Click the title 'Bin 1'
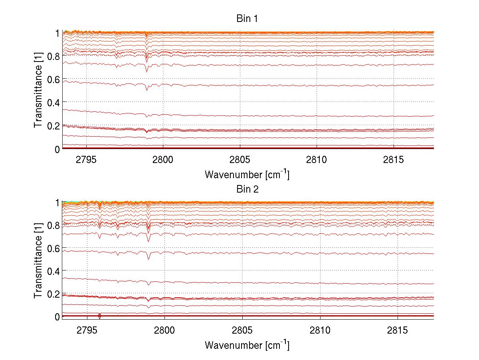pyautogui.click(x=247, y=19)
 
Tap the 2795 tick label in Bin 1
pyautogui.click(x=85, y=159)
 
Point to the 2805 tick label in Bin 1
pyautogui.click(x=239, y=159)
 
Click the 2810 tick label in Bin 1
pyautogui.click(x=317, y=159)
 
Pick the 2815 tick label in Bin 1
pyautogui.click(x=394, y=159)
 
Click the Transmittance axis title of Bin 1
pyautogui.click(x=38, y=90)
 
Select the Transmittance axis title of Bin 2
pyautogui.click(x=38, y=260)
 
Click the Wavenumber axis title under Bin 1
pyautogui.click(x=247, y=174)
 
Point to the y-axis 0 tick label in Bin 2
pyautogui.click(x=57, y=317)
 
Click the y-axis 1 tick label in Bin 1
pyautogui.click(x=57, y=33)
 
